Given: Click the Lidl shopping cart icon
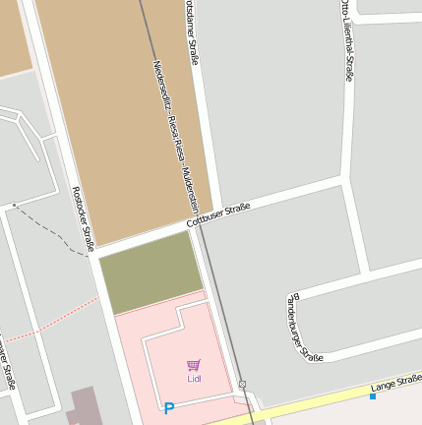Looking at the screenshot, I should pyautogui.click(x=194, y=365).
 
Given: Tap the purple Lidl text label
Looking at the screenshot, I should pyautogui.click(x=194, y=378).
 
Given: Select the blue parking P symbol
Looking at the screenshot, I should pyautogui.click(x=169, y=408).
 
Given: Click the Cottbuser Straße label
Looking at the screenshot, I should pyautogui.click(x=219, y=218).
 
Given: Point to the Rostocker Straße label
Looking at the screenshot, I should pyautogui.click(x=83, y=215).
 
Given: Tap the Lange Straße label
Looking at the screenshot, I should pyautogui.click(x=395, y=384).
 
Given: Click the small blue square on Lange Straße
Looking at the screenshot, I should pyautogui.click(x=373, y=396).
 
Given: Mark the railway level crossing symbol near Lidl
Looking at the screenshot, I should pyautogui.click(x=242, y=384).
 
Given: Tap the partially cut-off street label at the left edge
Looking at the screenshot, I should pyautogui.click(x=7, y=364).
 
